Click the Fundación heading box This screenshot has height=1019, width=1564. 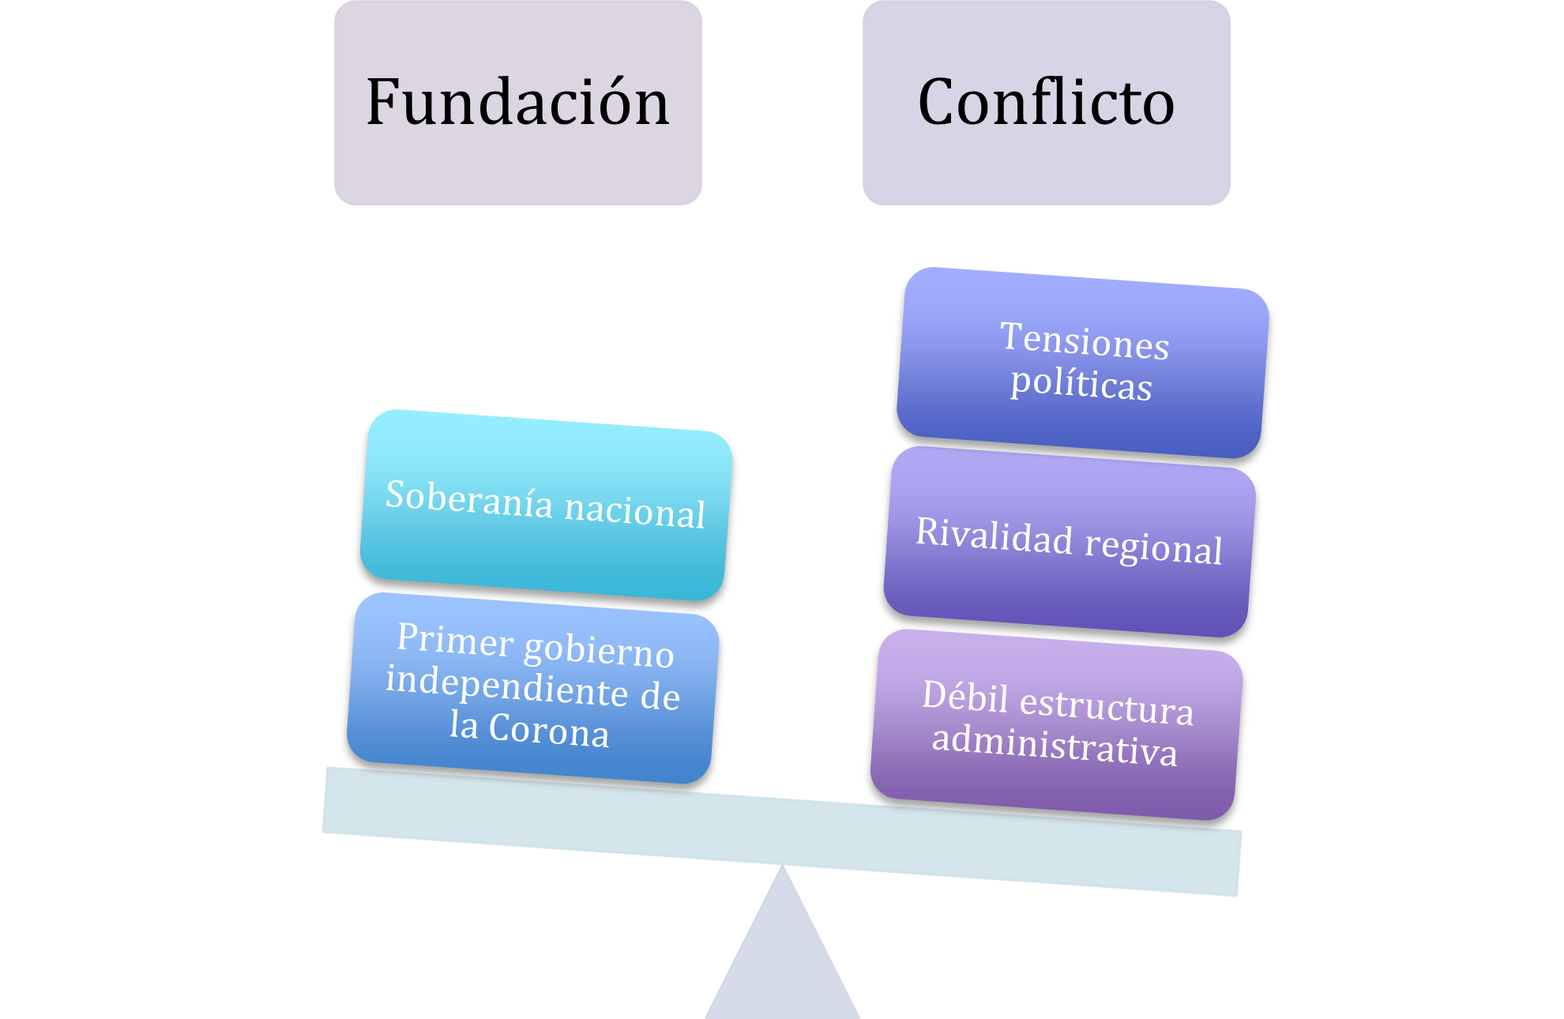(518, 103)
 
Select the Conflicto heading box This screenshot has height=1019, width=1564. (1047, 103)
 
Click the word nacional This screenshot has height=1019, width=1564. (635, 510)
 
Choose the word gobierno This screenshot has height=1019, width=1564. (599, 651)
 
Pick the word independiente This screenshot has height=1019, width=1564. (506, 685)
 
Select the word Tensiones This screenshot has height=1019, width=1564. (1085, 341)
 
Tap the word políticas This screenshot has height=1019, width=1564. (1081, 385)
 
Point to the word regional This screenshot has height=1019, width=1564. (1154, 547)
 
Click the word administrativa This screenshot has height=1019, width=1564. (1055, 746)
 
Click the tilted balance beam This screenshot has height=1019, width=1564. (782, 831)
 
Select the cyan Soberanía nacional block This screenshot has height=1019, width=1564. (546, 505)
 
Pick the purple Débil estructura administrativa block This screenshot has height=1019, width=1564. (1057, 724)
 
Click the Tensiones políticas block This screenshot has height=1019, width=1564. (1083, 363)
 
